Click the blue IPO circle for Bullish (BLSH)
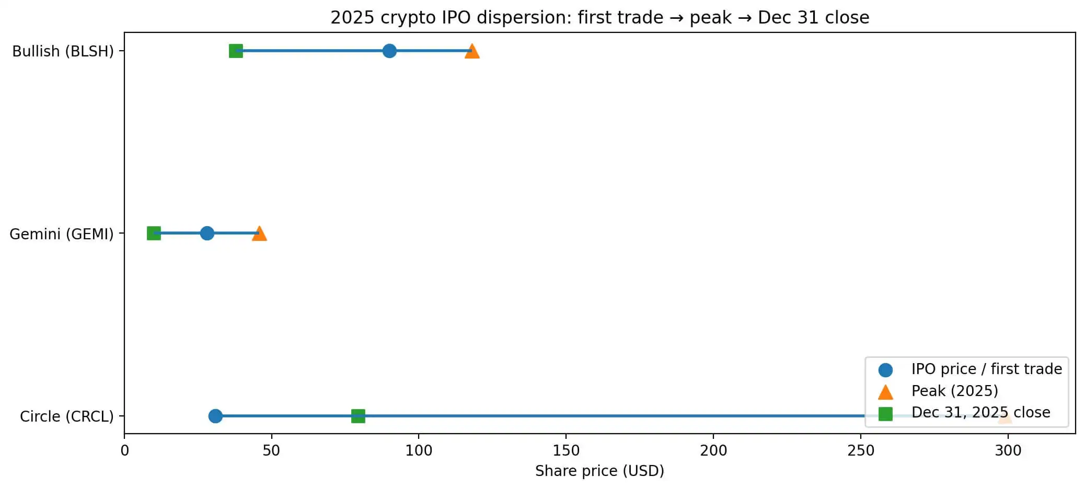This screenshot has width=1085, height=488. pyautogui.click(x=389, y=51)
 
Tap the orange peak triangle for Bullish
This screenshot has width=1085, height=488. pyautogui.click(x=472, y=51)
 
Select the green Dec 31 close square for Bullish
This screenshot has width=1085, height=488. pyautogui.click(x=236, y=51)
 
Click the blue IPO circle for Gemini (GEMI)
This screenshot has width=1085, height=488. pyautogui.click(x=207, y=233)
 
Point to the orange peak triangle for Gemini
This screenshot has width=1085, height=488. pyautogui.click(x=259, y=234)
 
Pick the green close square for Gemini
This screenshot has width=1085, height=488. pyautogui.click(x=154, y=233)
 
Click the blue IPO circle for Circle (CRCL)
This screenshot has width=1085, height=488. pyautogui.click(x=215, y=416)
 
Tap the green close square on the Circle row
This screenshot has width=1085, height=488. pyautogui.click(x=358, y=416)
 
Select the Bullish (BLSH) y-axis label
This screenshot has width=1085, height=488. pyautogui.click(x=63, y=51)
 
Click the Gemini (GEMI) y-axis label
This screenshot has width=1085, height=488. pyautogui.click(x=61, y=234)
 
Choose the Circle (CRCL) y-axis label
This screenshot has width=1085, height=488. pyautogui.click(x=66, y=416)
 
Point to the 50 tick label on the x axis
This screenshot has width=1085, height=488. pyautogui.click(x=271, y=450)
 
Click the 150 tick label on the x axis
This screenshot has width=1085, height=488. pyautogui.click(x=566, y=450)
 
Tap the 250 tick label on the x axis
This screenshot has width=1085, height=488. pyautogui.click(x=861, y=450)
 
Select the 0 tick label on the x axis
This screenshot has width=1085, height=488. pyautogui.click(x=124, y=450)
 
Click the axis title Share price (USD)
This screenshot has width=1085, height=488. pyautogui.click(x=599, y=471)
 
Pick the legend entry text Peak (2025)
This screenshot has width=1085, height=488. pyautogui.click(x=954, y=391)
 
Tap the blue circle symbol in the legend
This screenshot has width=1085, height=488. pyautogui.click(x=885, y=370)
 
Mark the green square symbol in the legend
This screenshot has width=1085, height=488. pyautogui.click(x=885, y=414)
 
